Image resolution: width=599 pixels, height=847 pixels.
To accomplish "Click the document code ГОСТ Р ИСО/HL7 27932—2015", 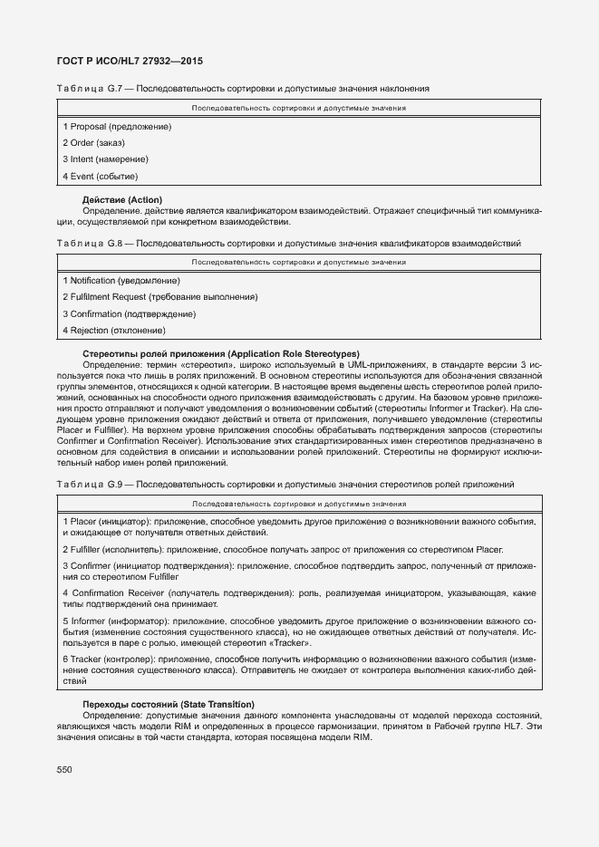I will point(130,61).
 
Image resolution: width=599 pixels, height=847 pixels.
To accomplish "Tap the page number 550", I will point(64,769).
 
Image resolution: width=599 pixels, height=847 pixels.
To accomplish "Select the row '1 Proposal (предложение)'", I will point(117,126).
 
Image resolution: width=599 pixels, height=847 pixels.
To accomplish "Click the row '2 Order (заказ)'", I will point(93,143).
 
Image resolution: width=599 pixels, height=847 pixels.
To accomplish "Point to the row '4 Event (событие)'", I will point(100,176).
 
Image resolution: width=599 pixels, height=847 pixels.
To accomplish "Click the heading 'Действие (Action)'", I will point(122,199).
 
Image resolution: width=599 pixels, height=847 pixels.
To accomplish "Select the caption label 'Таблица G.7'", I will point(88,89).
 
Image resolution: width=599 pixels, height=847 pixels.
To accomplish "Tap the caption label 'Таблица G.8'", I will point(88,243).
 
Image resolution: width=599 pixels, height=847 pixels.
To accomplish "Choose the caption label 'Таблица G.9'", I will point(88,485).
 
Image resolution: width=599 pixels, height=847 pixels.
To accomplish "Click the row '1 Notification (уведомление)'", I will point(121,281).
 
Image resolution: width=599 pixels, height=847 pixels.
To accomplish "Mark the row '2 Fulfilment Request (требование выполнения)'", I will point(159,297).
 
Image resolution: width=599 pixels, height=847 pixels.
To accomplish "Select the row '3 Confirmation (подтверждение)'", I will point(129,313).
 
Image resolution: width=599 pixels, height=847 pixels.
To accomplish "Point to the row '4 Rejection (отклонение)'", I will point(113,330).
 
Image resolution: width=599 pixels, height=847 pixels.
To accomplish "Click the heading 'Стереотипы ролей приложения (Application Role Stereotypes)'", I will point(221,353).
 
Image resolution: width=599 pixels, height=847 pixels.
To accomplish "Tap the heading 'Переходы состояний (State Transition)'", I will point(169,704).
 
